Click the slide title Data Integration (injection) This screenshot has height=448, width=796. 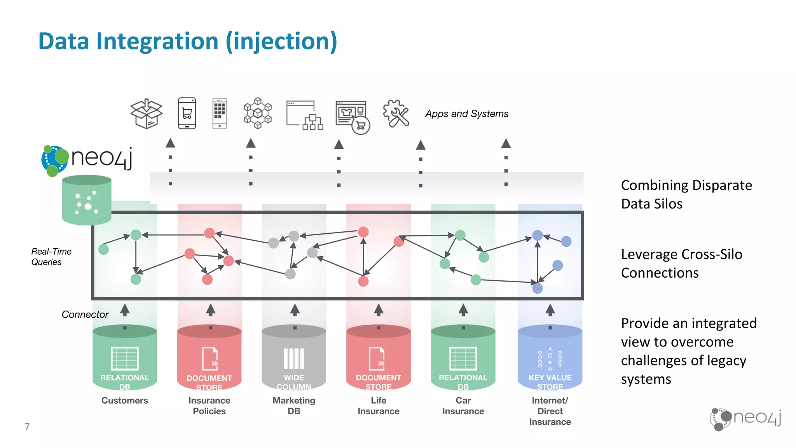coord(188,42)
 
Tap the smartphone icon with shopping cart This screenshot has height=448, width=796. coord(187,113)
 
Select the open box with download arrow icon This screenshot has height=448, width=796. coord(146,114)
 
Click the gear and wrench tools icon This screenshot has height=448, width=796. coord(396,113)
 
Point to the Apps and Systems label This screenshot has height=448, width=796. coord(466,114)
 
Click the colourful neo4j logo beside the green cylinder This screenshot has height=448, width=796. coord(87,160)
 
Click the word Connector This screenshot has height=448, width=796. coord(85,314)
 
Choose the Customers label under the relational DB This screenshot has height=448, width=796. coord(125,401)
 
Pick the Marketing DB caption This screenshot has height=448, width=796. coord(294,406)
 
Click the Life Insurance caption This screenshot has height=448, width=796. coord(379,406)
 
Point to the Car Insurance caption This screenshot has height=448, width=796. coord(463,406)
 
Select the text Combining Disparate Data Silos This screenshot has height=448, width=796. coord(686,194)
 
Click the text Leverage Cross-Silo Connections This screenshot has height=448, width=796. coord(681,264)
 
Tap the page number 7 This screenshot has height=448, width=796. coord(27,427)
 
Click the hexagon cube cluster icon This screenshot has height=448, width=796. coord(258,113)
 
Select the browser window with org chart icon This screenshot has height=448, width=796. coord(305,115)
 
